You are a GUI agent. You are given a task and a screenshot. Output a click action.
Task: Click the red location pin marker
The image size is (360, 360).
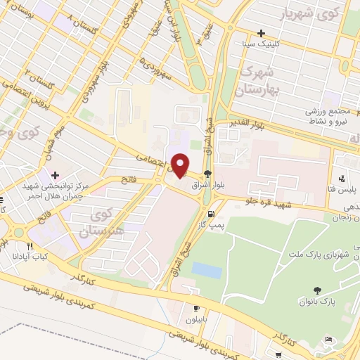[180, 165]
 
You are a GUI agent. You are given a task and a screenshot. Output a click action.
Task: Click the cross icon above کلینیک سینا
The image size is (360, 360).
[261, 33]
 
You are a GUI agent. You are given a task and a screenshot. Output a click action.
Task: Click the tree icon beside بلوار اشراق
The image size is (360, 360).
[207, 174]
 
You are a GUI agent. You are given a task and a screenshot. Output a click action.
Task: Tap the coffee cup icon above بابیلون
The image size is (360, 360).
[196, 308]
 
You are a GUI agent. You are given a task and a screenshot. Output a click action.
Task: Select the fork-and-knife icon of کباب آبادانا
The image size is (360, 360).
[30, 246]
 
